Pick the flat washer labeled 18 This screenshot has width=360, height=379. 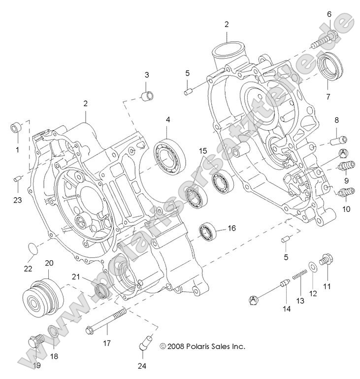(x=53, y=335)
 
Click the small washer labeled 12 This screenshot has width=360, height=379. (x=312, y=268)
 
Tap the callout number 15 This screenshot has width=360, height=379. (x=203, y=150)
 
